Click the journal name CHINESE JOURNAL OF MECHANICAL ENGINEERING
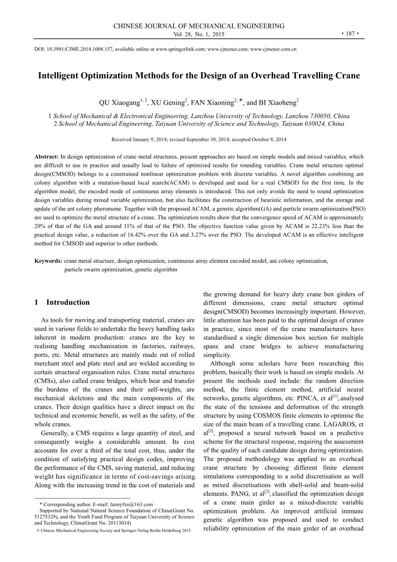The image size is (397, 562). click(199, 26)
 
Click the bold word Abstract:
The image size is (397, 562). click(47, 157)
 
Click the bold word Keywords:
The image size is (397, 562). click(48, 261)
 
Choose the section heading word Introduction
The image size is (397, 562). click(68, 302)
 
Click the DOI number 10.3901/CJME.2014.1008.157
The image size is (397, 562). click(82, 49)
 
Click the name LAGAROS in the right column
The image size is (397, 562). click(340, 424)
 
